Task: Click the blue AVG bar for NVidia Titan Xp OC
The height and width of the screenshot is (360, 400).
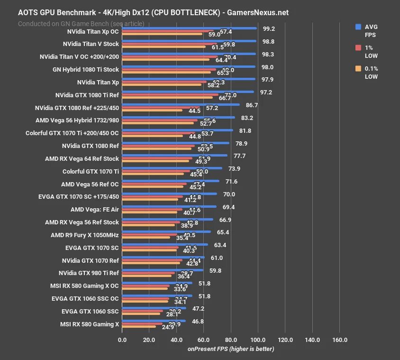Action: click(x=190, y=28)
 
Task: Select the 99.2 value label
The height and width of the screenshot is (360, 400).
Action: click(x=268, y=28)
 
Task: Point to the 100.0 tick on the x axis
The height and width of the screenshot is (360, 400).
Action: click(x=258, y=340)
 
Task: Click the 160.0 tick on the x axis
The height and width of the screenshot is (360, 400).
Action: click(x=340, y=340)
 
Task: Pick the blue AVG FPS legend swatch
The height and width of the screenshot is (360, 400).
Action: click(x=358, y=27)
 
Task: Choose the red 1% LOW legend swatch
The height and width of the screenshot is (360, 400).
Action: click(x=358, y=47)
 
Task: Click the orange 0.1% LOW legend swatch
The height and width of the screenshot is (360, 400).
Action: click(x=358, y=69)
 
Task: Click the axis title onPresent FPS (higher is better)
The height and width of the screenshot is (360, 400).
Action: click(x=231, y=349)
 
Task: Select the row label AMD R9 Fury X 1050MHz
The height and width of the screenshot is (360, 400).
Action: click(x=85, y=235)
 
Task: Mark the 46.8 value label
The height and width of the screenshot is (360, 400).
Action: click(x=197, y=321)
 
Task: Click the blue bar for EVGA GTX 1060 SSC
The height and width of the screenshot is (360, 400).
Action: click(x=154, y=308)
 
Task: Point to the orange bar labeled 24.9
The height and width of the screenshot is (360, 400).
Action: click(x=139, y=327)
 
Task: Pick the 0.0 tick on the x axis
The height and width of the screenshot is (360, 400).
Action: click(x=122, y=340)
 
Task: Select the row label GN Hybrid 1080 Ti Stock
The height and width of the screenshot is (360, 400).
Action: click(x=86, y=70)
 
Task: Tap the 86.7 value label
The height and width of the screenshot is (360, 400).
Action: click(x=252, y=105)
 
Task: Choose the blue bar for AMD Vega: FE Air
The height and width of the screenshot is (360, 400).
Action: click(x=169, y=206)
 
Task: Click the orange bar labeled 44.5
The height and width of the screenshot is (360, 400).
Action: click(x=152, y=110)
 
